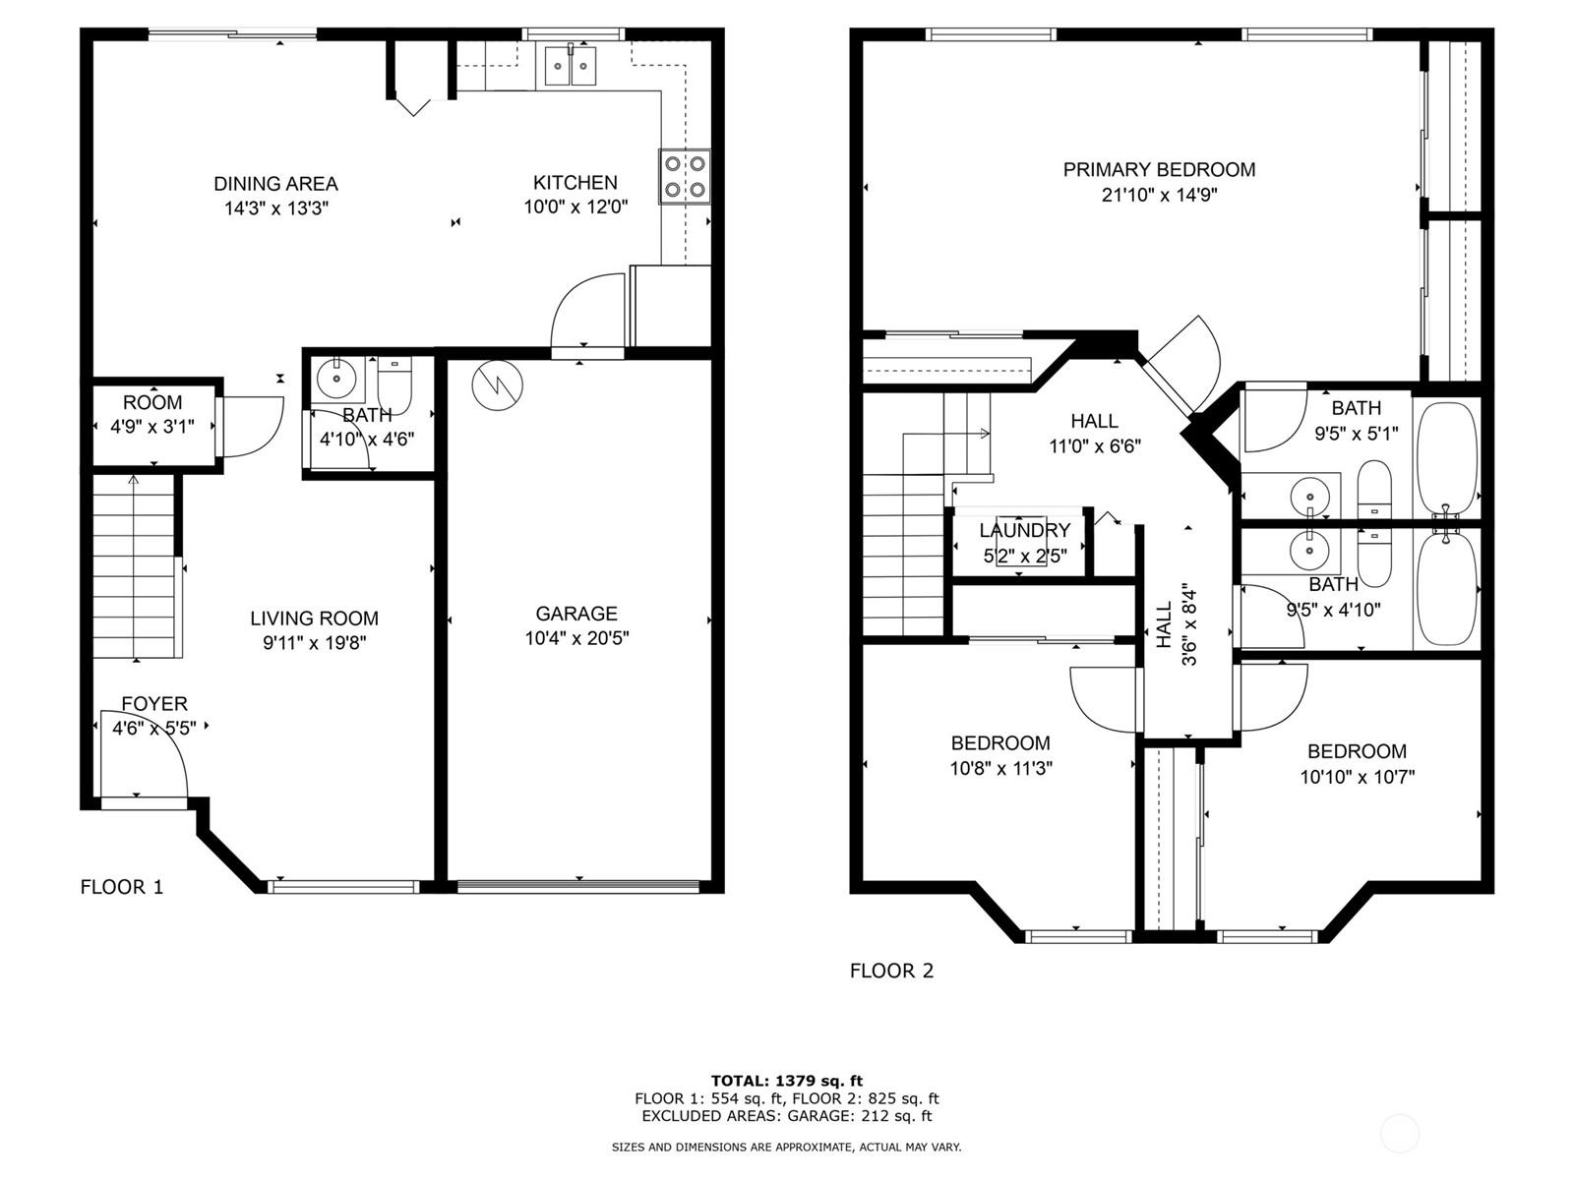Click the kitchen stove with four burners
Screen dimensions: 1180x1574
(685, 177)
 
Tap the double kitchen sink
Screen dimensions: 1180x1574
(571, 66)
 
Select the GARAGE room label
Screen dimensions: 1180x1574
(576, 614)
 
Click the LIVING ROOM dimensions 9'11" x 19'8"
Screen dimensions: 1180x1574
(314, 643)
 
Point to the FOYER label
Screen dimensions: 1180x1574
(154, 704)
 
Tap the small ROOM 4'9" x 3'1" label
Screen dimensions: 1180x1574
(152, 403)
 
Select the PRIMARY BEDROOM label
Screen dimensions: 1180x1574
(1159, 170)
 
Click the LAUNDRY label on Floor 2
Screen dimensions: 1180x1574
(1024, 531)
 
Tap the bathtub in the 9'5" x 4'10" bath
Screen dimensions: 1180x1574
(1446, 588)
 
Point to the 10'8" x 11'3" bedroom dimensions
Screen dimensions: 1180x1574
(1000, 769)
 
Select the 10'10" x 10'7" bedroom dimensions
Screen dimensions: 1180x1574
(1357, 777)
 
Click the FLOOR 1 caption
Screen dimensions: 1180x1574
(122, 887)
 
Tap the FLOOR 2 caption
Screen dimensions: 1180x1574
(891, 972)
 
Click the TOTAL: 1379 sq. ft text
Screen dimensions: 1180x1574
(787, 1081)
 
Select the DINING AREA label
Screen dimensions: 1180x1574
(275, 184)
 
